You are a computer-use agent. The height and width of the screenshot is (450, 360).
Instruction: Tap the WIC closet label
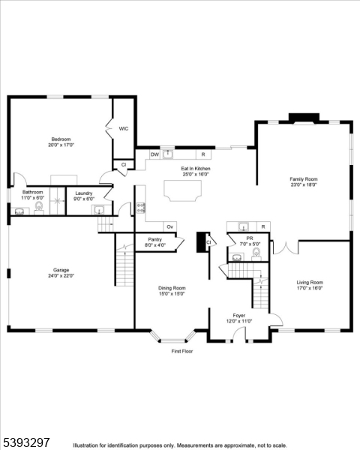(x=124, y=128)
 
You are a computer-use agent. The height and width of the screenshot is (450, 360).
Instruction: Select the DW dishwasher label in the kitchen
(x=154, y=154)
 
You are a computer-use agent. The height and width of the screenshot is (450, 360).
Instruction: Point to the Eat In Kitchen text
(x=195, y=169)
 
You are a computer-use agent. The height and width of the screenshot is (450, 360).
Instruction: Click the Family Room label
(x=304, y=179)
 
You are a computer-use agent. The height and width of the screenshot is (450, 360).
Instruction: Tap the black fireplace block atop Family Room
(x=302, y=117)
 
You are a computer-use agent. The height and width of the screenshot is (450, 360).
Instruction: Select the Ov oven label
(x=169, y=226)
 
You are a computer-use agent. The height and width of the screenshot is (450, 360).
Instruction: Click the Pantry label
(x=154, y=240)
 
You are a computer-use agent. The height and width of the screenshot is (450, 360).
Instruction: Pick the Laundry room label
(x=84, y=193)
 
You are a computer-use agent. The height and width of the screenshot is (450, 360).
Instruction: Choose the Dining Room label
(x=172, y=289)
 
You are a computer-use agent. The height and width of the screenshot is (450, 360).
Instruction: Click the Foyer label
(x=239, y=316)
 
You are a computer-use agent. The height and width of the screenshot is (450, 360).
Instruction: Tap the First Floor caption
(x=182, y=351)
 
